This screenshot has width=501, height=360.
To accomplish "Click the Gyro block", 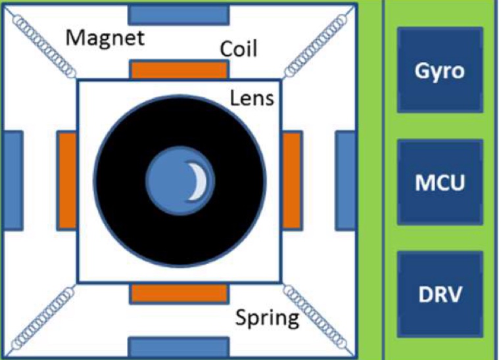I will pos(439,69).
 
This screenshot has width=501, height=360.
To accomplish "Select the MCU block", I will pos(439,181).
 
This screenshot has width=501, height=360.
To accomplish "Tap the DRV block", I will pos(439,293).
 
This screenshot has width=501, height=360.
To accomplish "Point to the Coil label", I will pos(239,48).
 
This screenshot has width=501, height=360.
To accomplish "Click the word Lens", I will pos(252,98).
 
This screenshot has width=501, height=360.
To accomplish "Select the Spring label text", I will pos(267,319).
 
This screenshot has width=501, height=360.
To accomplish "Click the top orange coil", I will pos(179,70).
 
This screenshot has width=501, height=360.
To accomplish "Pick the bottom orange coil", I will pos(179,294).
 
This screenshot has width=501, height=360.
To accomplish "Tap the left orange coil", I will pos(66,181).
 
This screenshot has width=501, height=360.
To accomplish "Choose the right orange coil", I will pos(292,181).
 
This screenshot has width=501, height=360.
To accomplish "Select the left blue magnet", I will pos(14,181).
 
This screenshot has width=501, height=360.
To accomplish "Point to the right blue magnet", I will pos(346,181).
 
